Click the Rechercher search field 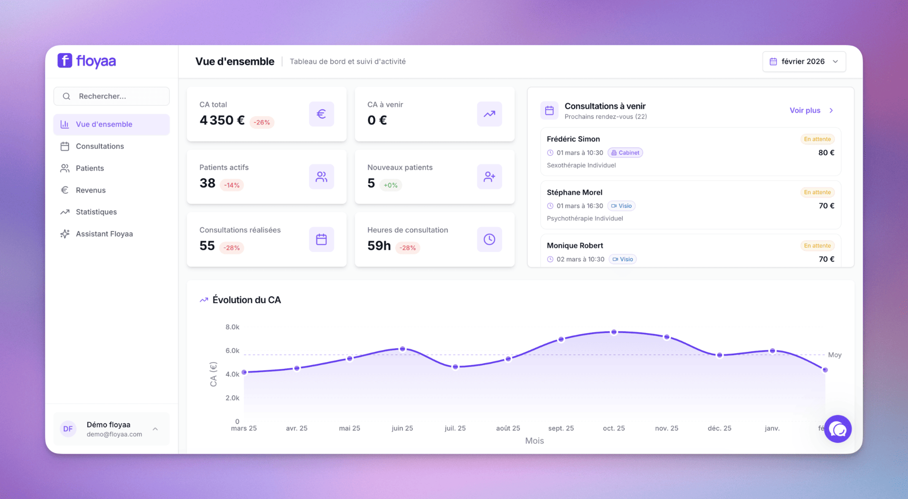pos(112,96)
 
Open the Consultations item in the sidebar pos(99,146)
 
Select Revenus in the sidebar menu pos(90,190)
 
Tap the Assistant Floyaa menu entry pos(104,234)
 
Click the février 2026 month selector pos(804,61)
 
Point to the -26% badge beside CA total pos(262,122)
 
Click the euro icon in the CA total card pos(322,114)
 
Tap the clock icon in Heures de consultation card pos(489,239)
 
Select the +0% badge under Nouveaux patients pos(391,185)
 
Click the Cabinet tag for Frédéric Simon pos(625,153)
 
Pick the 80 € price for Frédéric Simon pos(826,152)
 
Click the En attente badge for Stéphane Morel pos(817,192)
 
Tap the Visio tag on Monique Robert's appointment pos(623,259)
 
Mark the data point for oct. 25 pos(614,332)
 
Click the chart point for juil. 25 pos(455,367)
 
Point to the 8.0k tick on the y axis pos(232,327)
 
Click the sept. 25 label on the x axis pos(561,428)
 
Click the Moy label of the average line pos(835,355)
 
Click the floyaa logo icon pos(65,61)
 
